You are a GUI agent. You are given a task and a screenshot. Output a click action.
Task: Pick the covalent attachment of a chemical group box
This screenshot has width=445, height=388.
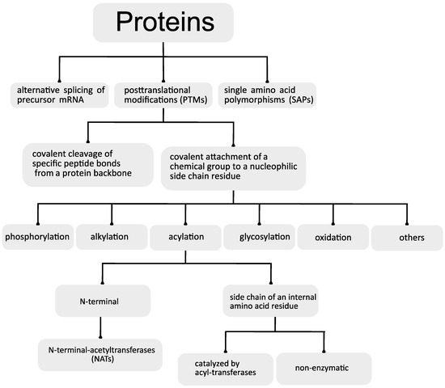click(x=233, y=167)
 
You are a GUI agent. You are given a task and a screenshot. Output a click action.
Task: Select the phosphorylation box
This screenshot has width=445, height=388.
click(x=37, y=237)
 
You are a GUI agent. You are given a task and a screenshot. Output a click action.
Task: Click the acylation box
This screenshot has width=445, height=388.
click(x=184, y=237)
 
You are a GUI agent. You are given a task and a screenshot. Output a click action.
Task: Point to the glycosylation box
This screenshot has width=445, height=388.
click(x=258, y=237)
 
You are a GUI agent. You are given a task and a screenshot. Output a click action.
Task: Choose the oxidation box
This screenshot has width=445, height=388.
click(x=332, y=237)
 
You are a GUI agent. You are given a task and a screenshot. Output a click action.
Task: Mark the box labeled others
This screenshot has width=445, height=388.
click(x=405, y=237)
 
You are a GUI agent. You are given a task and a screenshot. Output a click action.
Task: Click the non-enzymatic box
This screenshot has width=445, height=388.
click(x=324, y=367)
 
